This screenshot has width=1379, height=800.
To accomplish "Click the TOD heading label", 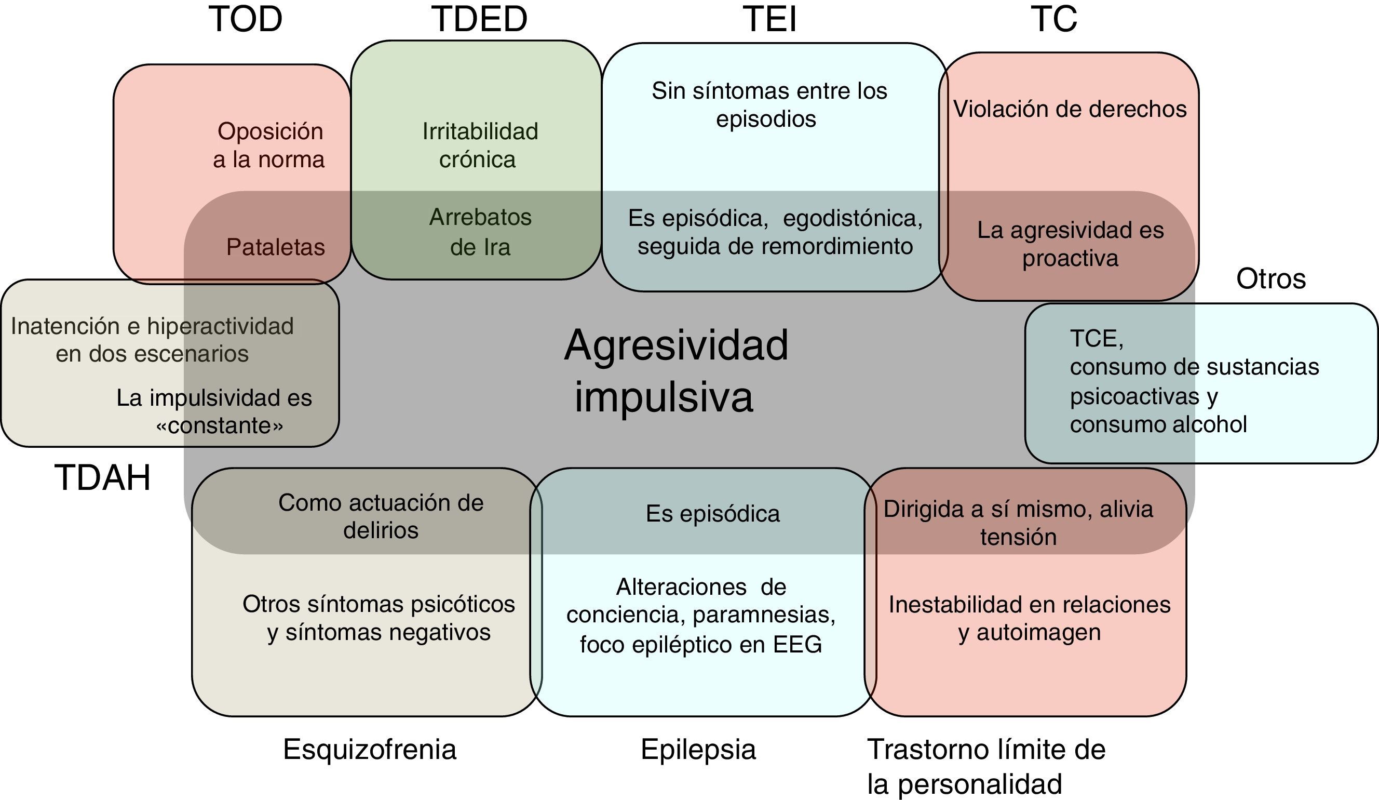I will (245, 19).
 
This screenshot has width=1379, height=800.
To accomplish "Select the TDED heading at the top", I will (479, 19).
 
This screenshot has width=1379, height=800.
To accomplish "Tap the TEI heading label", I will (769, 19).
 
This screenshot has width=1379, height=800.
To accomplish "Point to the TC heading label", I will (1054, 19).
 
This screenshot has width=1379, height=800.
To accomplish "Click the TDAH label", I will (102, 477).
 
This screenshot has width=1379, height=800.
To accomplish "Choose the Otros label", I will (1270, 279).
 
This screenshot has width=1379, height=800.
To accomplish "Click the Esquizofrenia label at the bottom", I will (369, 749).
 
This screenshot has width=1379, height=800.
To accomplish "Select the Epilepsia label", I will (698, 749).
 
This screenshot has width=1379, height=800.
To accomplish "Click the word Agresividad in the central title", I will (676, 346).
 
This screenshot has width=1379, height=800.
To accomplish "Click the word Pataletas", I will (275, 247).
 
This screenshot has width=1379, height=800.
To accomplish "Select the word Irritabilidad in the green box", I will (480, 131).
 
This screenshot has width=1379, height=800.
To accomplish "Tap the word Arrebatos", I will (480, 217).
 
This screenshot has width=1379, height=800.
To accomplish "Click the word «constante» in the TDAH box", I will (220, 425).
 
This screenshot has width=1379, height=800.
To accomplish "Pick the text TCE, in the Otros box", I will (1096, 339).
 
